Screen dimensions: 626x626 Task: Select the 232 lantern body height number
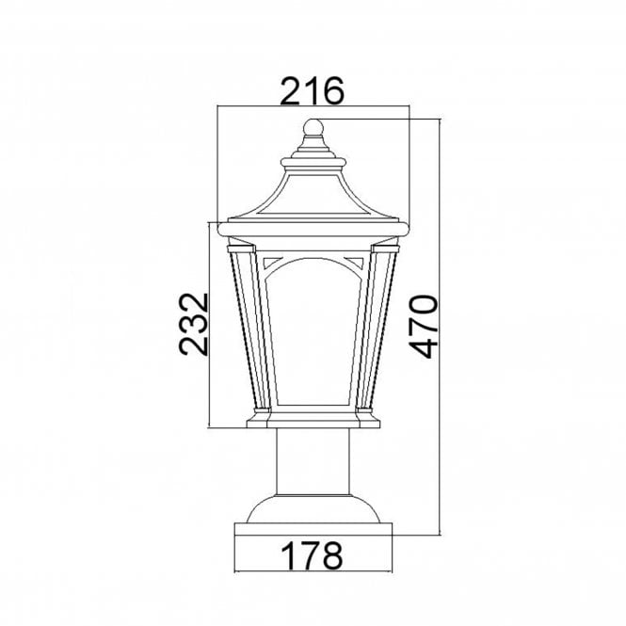(x=192, y=323)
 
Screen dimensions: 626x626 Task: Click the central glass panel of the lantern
(x=313, y=339)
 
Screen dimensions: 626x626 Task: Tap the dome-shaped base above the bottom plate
(x=313, y=509)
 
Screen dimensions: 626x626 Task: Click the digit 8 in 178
(x=329, y=554)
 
